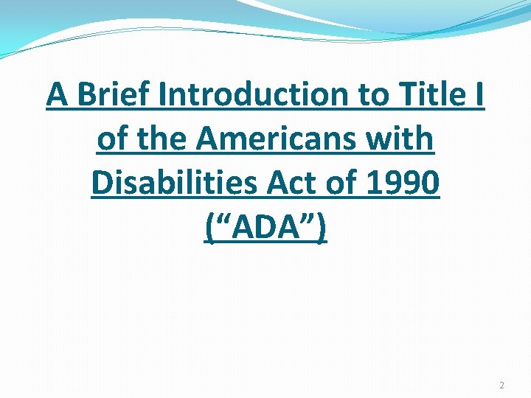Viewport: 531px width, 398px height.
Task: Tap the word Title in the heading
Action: click(x=424, y=94)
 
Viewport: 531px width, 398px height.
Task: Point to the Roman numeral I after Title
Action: click(x=479, y=94)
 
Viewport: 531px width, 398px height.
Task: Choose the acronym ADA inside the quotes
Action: click(x=265, y=228)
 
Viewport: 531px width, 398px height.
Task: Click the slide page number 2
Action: click(x=502, y=385)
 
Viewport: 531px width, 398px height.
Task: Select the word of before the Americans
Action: click(x=112, y=139)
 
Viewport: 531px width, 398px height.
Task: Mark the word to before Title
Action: click(x=368, y=94)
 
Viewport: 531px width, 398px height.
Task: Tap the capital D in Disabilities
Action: click(x=102, y=184)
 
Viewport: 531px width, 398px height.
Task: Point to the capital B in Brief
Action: click(x=84, y=94)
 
